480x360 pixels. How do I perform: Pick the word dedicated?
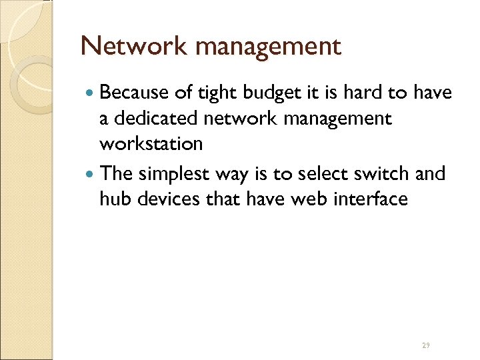(154, 119)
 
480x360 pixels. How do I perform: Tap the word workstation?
(151, 143)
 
